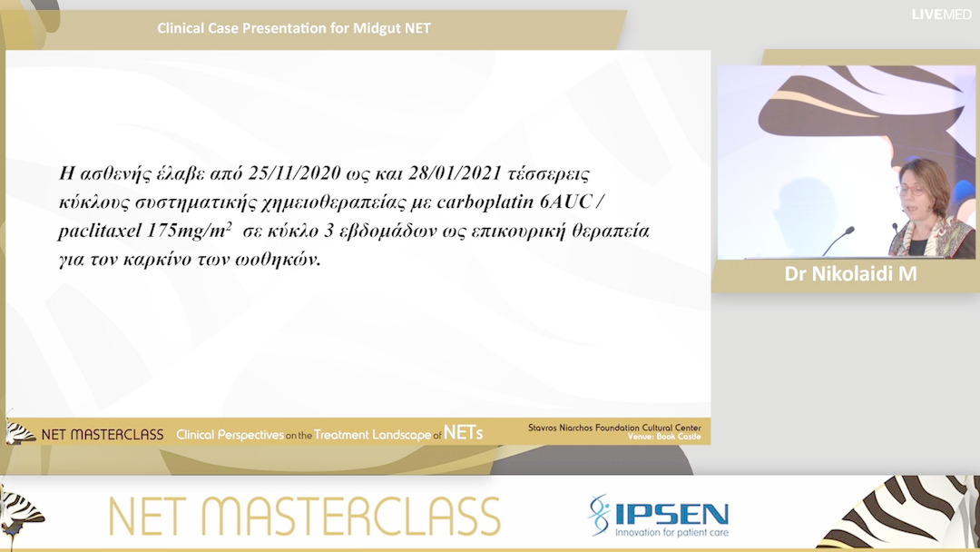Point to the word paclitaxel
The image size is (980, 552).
click(96, 232)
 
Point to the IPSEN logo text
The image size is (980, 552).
click(671, 513)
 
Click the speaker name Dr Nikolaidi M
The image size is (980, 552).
click(850, 274)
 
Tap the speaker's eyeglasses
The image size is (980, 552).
click(910, 191)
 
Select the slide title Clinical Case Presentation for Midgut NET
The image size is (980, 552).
click(293, 28)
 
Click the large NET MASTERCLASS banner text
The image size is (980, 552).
click(305, 517)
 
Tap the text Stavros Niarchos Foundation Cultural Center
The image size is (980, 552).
click(614, 427)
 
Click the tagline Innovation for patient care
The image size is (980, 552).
click(671, 532)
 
